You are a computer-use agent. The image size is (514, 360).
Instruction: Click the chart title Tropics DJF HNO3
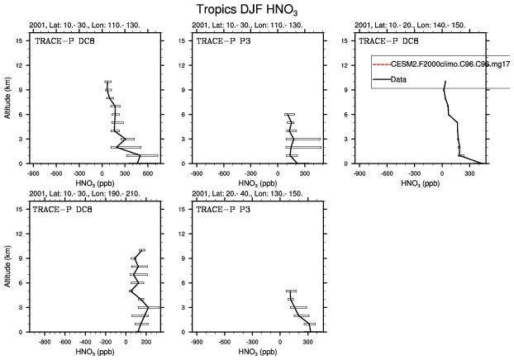(256, 10)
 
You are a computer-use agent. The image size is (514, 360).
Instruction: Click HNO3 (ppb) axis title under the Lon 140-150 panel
(420, 183)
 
